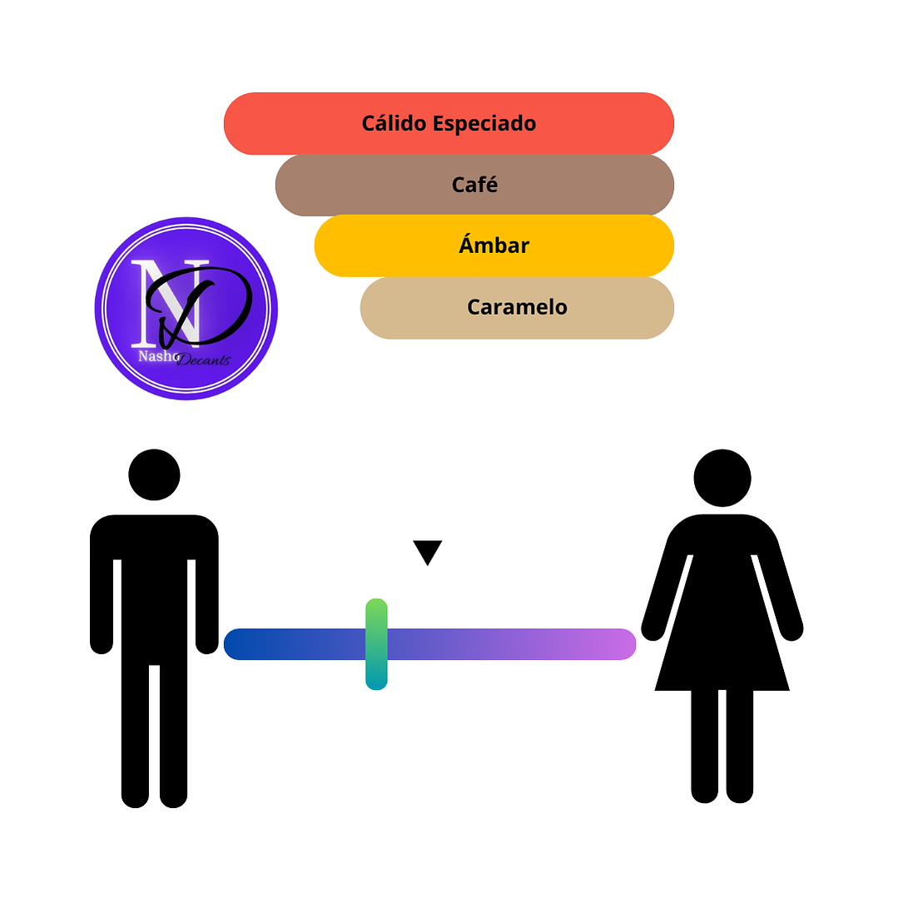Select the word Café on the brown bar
pyautogui.click(x=474, y=185)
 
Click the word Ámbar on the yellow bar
pyautogui.click(x=494, y=246)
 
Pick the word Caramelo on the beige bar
pyautogui.click(x=517, y=307)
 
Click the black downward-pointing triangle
pyautogui.click(x=427, y=551)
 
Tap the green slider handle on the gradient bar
pyautogui.click(x=376, y=643)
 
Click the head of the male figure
pyautogui.click(x=154, y=474)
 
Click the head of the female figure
pyautogui.click(x=722, y=478)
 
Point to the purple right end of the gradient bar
pyautogui.click(x=620, y=644)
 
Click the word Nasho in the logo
pyautogui.click(x=156, y=355)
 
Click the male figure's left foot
pyautogui.click(x=135, y=797)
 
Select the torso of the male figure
pyautogui.click(x=154, y=583)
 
